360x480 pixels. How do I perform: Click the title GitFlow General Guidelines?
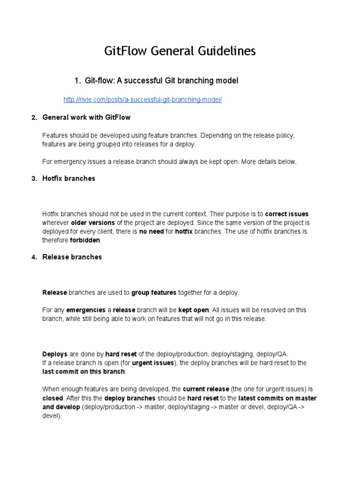(180, 51)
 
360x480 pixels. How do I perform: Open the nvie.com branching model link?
(142, 100)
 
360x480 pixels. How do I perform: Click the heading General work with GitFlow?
(86, 117)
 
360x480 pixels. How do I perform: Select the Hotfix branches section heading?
(68, 179)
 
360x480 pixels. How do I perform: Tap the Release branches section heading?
(72, 257)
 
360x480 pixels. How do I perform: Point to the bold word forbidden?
(85, 240)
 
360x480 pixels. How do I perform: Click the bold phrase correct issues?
(287, 214)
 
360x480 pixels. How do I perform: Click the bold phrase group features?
(154, 292)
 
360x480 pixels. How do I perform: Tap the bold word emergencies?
(86, 310)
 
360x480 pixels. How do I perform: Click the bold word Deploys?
(55, 354)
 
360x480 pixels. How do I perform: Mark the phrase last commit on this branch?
(83, 372)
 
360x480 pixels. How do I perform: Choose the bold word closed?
(52, 398)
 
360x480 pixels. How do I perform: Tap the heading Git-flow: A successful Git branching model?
(161, 81)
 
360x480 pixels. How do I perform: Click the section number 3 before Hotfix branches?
(33, 179)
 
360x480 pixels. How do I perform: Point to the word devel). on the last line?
(52, 415)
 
